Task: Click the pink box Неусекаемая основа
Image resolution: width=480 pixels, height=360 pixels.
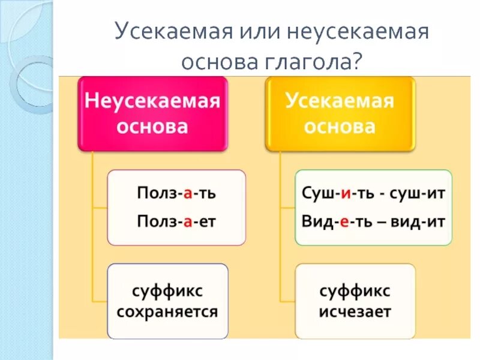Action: tap(153, 113)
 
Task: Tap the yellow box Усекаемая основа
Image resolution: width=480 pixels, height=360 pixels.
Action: tap(340, 113)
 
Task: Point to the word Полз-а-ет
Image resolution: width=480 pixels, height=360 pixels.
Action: tap(176, 221)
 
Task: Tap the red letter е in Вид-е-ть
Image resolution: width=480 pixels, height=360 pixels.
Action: tap(344, 221)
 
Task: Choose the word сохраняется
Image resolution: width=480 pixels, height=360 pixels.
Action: tap(167, 312)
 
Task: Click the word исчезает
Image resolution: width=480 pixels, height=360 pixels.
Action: tap(355, 312)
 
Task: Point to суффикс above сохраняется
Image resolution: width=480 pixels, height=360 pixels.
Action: tap(167, 292)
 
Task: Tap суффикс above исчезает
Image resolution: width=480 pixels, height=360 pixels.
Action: tap(355, 292)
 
